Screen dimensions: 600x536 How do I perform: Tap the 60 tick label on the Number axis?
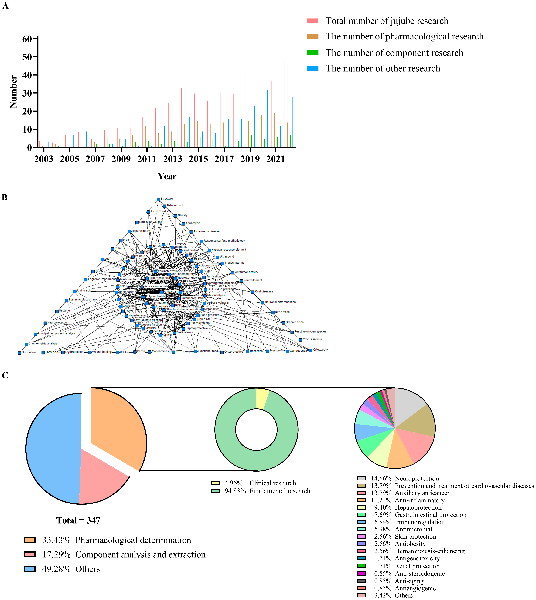pos(27,39)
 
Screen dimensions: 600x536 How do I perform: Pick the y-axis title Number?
pos(13,92)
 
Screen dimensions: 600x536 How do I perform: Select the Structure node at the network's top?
pos(158,199)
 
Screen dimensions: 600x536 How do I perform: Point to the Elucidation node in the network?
pos(19,353)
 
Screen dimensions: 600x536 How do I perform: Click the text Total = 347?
pos(78,520)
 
